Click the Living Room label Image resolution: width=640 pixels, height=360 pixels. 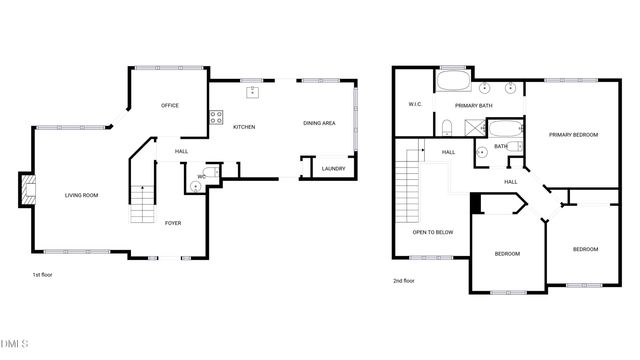82,195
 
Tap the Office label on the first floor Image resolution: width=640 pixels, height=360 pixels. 170,105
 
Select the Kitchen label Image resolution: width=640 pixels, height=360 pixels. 244,127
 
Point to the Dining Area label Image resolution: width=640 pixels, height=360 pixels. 319,123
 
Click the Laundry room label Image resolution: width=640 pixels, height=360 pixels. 334,169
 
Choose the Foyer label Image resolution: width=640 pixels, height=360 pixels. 173,223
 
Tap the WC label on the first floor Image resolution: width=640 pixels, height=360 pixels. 201,177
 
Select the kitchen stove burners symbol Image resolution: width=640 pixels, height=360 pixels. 215,119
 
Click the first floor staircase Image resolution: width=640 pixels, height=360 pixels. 143,200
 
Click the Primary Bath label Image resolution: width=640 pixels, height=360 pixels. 473,105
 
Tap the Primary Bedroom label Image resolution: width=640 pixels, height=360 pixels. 573,133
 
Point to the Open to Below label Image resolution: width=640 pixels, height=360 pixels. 433,232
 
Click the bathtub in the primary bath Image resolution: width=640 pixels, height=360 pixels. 453,82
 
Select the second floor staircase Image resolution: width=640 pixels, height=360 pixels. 408,185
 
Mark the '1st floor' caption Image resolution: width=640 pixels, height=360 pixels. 43,274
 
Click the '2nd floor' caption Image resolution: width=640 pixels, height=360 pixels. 403,281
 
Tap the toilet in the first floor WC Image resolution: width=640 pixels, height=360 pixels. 194,185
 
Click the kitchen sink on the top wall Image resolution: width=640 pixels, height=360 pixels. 253,92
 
